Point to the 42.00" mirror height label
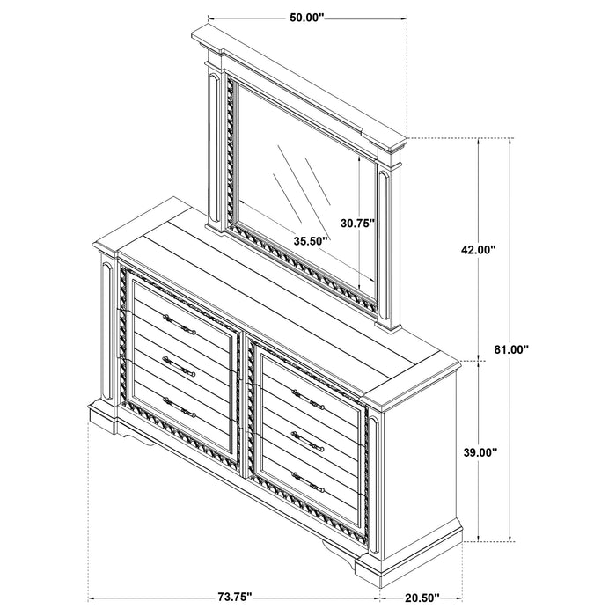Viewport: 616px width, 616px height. [x=480, y=249]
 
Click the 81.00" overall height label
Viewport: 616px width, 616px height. [x=510, y=349]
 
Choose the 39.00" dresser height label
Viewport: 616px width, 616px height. [x=480, y=452]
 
